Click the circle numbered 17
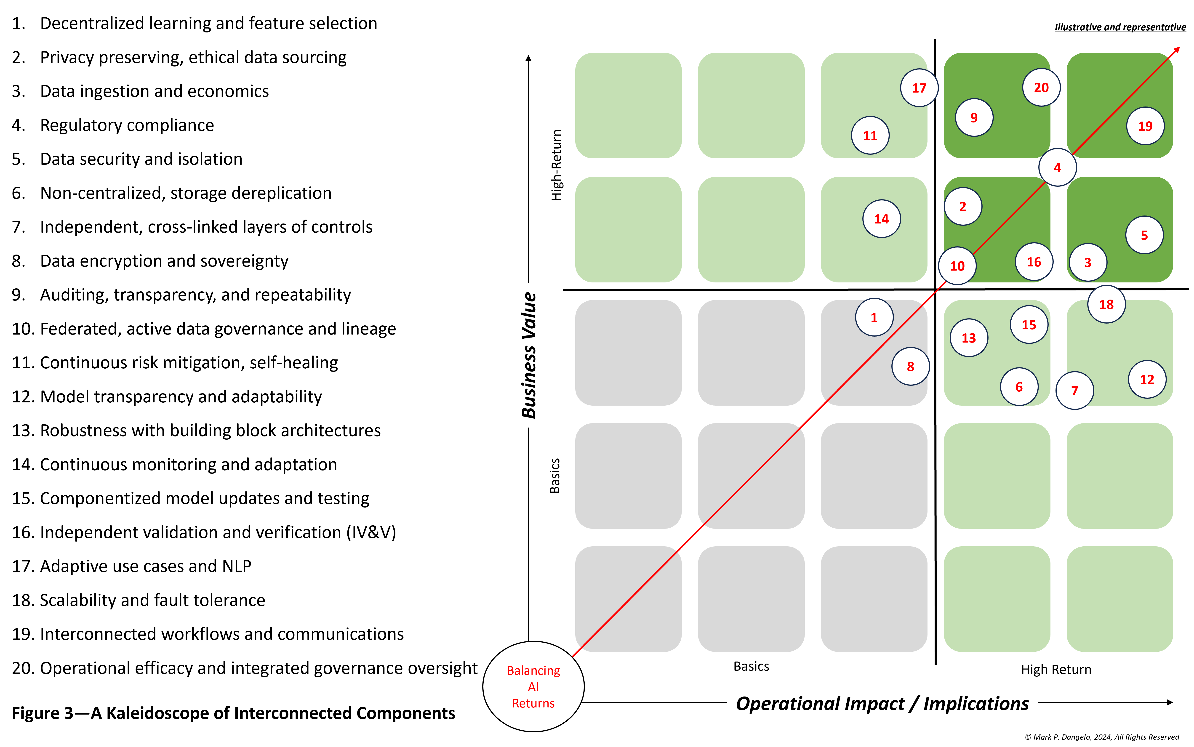click(919, 88)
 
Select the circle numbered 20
click(1041, 88)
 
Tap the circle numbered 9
click(974, 118)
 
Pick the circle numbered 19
click(1145, 126)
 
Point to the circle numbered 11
click(870, 135)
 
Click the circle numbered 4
click(1057, 167)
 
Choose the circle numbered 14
click(881, 219)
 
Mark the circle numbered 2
click(962, 207)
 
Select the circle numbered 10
click(957, 266)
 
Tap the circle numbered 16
click(1034, 262)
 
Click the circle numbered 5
click(1144, 235)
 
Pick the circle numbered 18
click(1106, 304)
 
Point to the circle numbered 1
click(874, 317)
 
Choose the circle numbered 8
click(910, 367)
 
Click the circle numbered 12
click(1147, 379)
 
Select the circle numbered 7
click(1074, 390)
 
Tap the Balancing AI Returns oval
click(533, 686)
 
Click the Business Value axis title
click(528, 355)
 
